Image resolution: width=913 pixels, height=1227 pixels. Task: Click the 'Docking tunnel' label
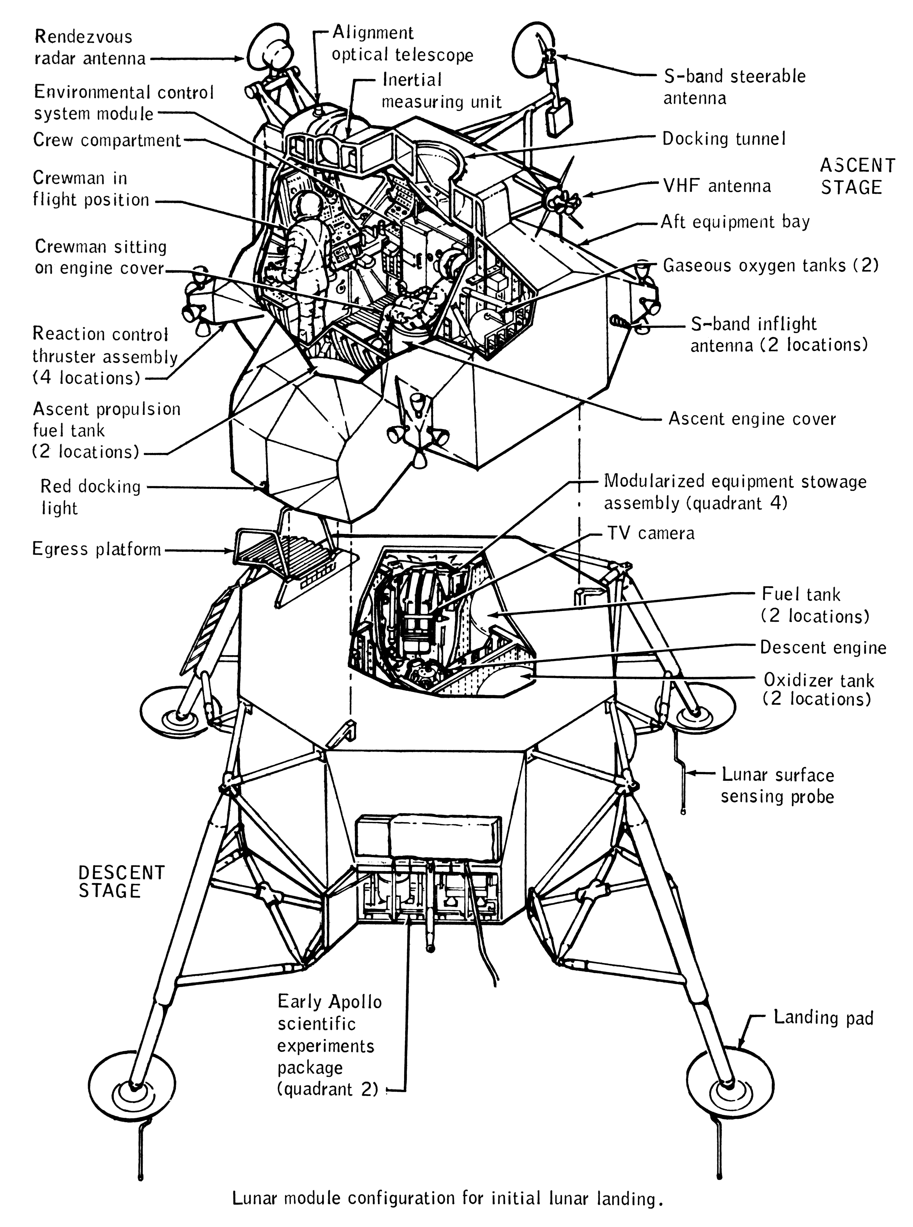[x=723, y=139]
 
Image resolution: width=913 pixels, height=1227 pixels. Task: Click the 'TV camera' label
[x=651, y=534]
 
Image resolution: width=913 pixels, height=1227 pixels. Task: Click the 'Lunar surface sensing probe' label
[x=777, y=785]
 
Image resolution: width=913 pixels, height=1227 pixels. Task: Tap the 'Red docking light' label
[x=91, y=497]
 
